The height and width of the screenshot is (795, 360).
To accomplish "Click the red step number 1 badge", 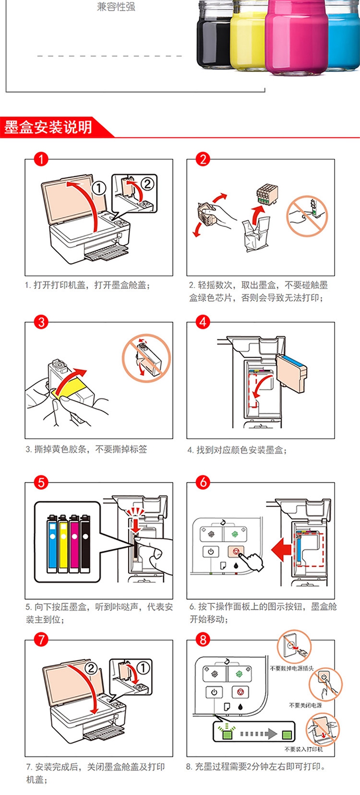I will [x=41, y=159].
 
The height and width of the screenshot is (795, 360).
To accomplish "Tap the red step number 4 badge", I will [x=203, y=322].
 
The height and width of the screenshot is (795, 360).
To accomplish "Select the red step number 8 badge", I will [x=203, y=639].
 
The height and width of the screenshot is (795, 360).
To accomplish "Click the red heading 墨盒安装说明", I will [x=48, y=128].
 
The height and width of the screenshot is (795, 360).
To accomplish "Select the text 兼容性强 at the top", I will [x=116, y=7].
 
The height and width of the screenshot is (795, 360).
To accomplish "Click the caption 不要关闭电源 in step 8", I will [x=305, y=705].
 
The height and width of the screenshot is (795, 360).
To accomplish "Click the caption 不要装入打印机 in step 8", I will [x=303, y=749].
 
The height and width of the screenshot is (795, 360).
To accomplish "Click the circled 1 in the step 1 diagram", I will [x=99, y=188].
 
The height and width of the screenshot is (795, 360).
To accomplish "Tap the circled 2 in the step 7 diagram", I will [x=91, y=668].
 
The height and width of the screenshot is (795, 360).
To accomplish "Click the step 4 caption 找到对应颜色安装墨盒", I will [x=237, y=450].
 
